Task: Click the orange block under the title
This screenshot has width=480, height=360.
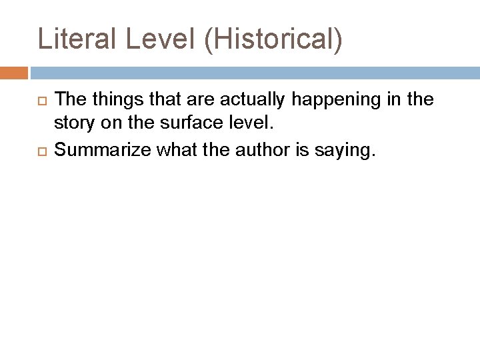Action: [14, 73]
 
